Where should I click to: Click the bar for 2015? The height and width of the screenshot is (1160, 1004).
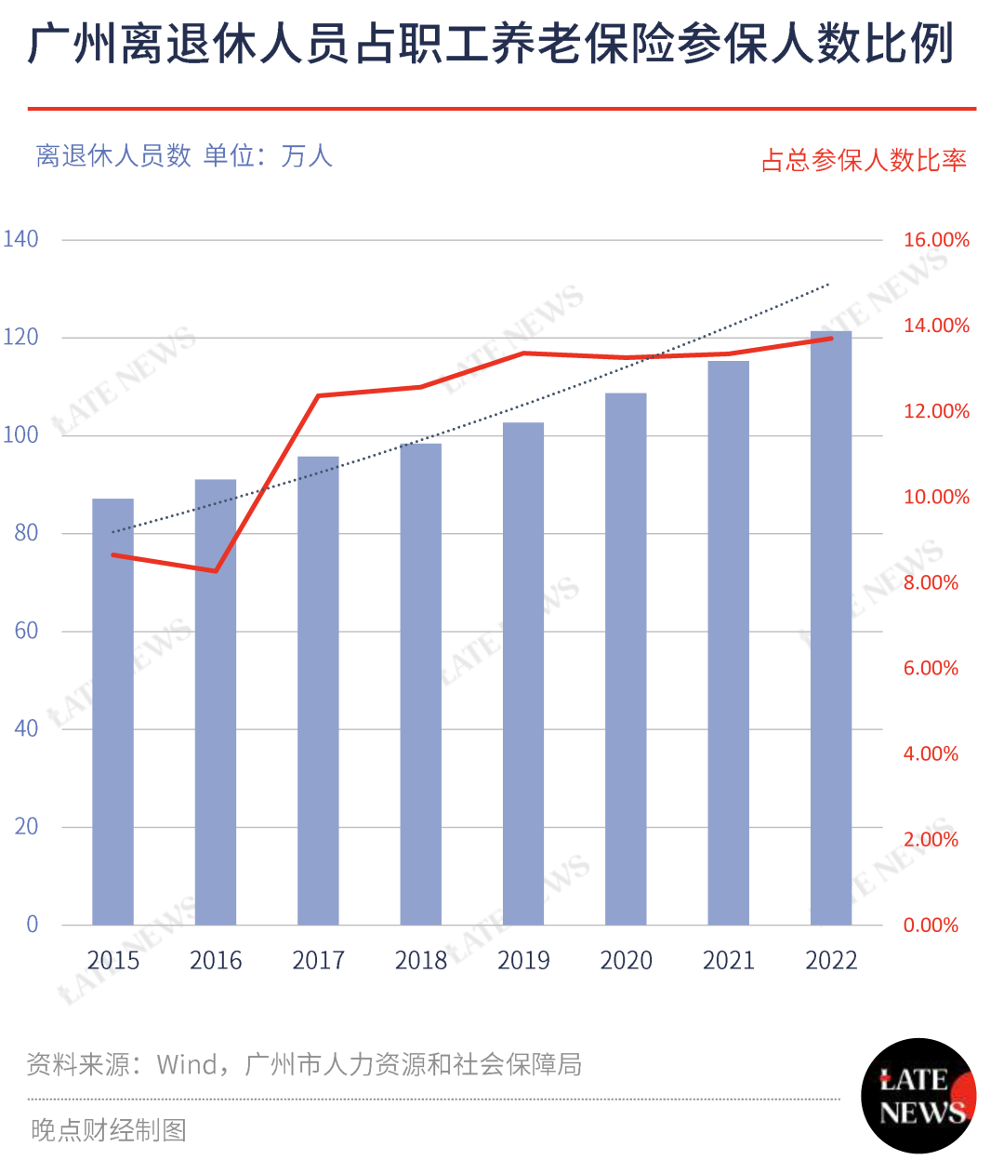coord(112,712)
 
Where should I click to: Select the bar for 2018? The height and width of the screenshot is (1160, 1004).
coord(421,685)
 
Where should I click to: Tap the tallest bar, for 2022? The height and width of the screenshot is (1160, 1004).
coord(831,628)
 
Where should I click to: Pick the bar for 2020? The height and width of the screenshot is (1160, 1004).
coord(626,659)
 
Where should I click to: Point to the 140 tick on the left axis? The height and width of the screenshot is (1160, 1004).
coord(20,239)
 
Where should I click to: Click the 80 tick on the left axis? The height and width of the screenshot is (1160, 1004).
coord(26,533)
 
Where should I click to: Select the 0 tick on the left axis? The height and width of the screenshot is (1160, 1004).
coord(33,924)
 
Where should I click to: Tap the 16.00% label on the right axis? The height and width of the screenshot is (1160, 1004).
coord(936,240)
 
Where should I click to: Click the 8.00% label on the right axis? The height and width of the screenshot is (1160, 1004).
coord(931,582)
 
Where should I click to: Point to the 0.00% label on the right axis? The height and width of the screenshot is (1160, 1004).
coord(931,925)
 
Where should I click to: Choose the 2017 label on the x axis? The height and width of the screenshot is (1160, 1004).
coord(318,961)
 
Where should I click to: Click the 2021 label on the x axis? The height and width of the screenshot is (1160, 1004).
coord(729,961)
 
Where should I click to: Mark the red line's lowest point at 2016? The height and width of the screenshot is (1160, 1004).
coord(216,571)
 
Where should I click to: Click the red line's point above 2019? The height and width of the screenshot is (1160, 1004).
coord(523,353)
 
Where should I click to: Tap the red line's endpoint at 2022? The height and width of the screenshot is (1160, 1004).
coord(831,339)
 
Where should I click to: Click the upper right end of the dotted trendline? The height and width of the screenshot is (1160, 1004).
coord(828,285)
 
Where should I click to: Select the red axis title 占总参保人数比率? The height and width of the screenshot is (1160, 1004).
coord(864,161)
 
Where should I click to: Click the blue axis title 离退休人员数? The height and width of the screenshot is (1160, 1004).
coord(113,155)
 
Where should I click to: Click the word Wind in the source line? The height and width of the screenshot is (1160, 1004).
coord(187,1064)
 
